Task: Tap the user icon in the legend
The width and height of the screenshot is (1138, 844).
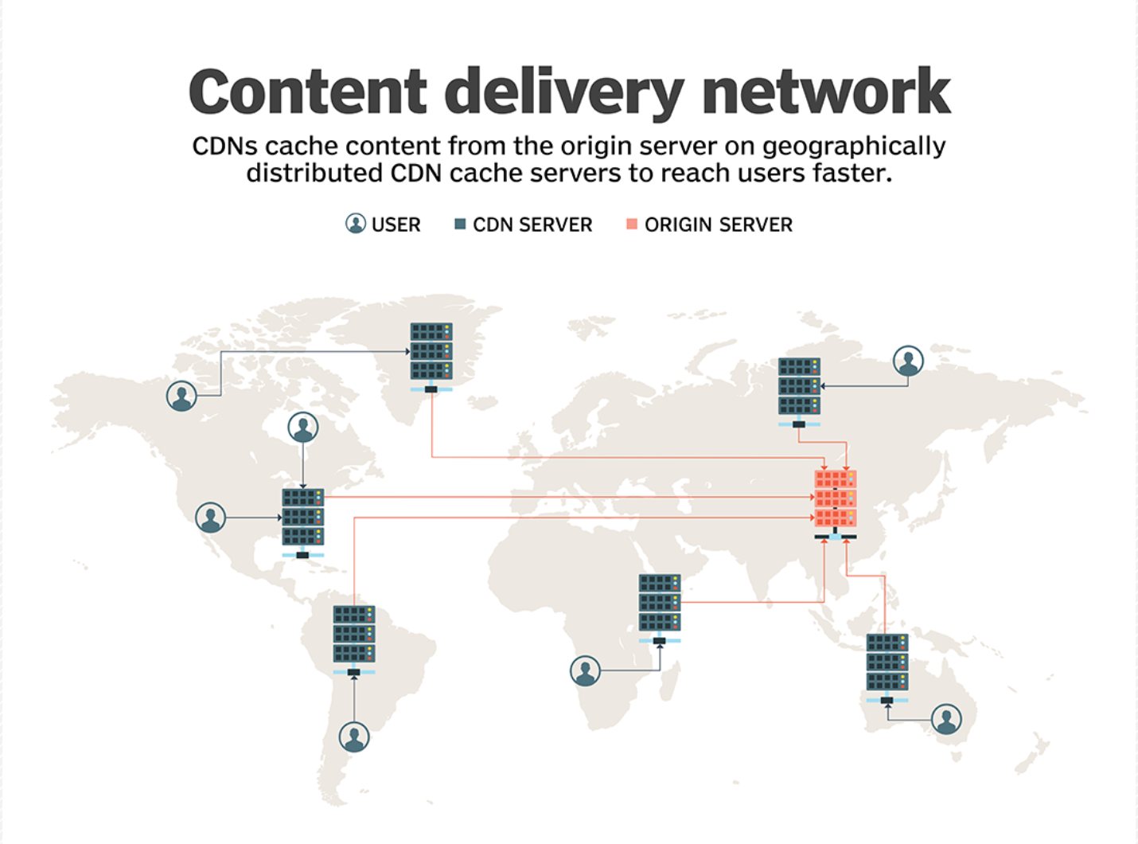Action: point(355,224)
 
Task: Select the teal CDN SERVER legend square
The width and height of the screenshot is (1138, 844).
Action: point(460,225)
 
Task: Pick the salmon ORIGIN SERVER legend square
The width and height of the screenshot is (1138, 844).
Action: point(632,225)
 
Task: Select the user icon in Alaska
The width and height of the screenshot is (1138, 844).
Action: point(181,395)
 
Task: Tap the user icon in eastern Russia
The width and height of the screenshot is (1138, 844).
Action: point(908,361)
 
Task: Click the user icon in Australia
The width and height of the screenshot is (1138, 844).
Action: point(946,719)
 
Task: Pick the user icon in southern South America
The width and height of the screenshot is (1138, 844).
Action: point(354,737)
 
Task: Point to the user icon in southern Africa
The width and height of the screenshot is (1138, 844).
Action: point(585,671)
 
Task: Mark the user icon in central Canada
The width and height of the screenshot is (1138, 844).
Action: point(302,428)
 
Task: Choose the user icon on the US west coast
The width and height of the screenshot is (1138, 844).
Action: point(210,518)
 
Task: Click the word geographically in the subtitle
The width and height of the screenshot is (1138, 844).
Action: point(854,147)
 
